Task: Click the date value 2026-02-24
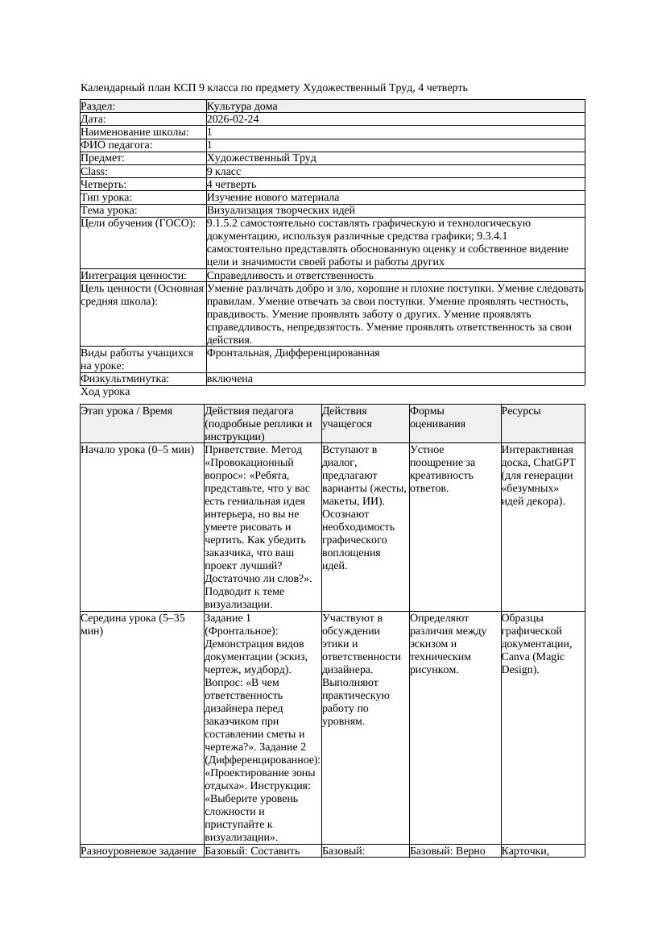(x=233, y=119)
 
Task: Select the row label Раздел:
(x=98, y=106)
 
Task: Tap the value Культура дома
(x=242, y=106)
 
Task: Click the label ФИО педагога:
(x=117, y=145)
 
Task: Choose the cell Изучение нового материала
(x=272, y=197)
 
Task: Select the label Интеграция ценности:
(x=133, y=276)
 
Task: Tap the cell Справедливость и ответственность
(x=290, y=276)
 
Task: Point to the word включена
(x=230, y=379)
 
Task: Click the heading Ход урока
(x=105, y=392)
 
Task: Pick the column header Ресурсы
(x=521, y=411)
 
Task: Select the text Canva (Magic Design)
(x=532, y=663)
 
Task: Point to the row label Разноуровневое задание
(x=139, y=850)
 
